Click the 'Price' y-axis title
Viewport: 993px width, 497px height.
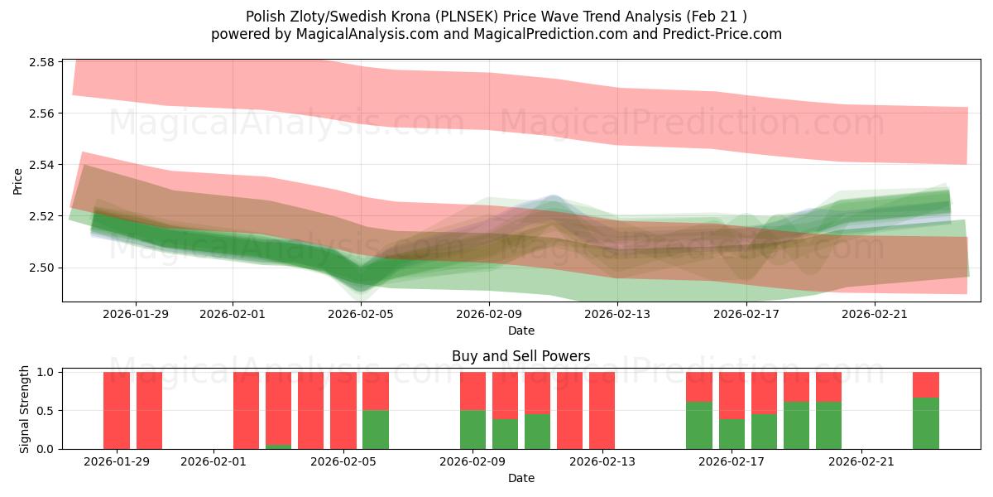[x=18, y=181]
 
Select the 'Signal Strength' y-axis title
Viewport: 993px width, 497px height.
[x=24, y=410]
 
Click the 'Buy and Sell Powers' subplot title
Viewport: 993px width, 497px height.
[x=520, y=356]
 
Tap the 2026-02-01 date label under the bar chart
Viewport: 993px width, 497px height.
[x=213, y=461]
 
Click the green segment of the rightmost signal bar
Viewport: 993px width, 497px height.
[x=926, y=423]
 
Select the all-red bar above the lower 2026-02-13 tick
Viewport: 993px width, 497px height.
[x=602, y=410]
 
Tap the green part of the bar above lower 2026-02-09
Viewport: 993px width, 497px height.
[x=473, y=430]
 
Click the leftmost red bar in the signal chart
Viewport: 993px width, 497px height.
[x=117, y=410]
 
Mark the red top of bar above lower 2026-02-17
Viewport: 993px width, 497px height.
[x=732, y=395]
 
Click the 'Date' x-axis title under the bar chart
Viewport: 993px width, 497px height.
[x=520, y=478]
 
